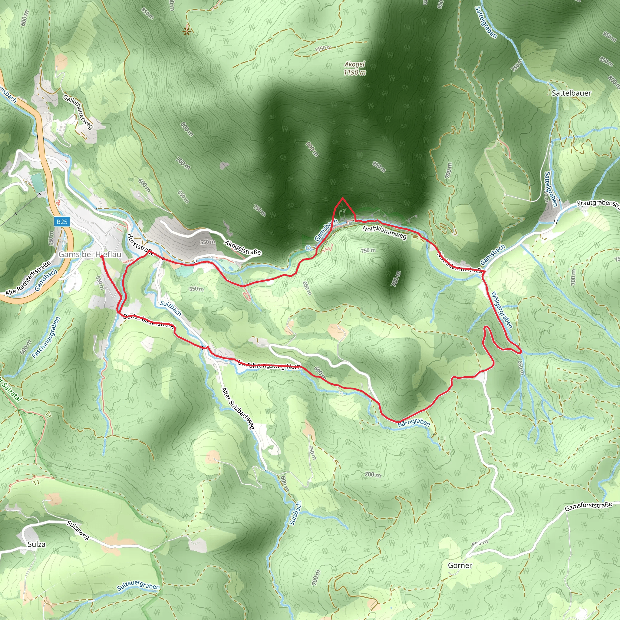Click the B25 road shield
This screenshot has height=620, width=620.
(x=62, y=221)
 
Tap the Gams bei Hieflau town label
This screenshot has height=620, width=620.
(x=90, y=255)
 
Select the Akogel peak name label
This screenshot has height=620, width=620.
(x=355, y=64)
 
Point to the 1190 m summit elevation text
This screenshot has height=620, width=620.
(x=355, y=73)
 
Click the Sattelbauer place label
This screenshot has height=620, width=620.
(x=571, y=93)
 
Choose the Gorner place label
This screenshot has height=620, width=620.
(x=460, y=566)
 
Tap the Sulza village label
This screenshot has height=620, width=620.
(x=37, y=544)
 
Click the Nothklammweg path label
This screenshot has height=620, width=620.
(x=384, y=232)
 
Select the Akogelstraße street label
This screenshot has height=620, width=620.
(x=242, y=248)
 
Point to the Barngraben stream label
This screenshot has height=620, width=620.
(x=414, y=423)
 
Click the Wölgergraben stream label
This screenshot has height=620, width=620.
(x=502, y=310)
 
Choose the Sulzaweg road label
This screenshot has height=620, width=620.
(x=78, y=530)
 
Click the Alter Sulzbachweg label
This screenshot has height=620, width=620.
(x=238, y=408)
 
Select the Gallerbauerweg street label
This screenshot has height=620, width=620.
(x=78, y=112)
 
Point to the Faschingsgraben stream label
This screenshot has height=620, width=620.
(x=46, y=338)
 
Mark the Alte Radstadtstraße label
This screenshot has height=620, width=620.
(x=28, y=278)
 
